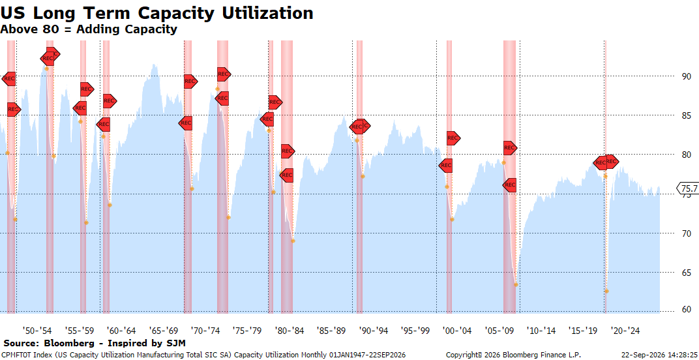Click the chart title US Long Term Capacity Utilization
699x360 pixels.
click(x=156, y=13)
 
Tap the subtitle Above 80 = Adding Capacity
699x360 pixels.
click(x=89, y=29)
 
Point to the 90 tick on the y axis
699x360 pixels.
click(x=684, y=76)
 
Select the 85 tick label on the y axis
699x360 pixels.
click(x=684, y=115)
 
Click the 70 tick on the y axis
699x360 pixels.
click(x=684, y=233)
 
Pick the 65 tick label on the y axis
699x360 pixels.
click(x=684, y=273)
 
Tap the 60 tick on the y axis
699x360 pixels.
click(x=684, y=310)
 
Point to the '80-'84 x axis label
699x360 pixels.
click(x=290, y=331)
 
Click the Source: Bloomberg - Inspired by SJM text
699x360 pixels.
click(x=94, y=343)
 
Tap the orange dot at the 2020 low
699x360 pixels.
click(x=606, y=292)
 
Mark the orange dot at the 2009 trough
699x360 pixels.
click(x=516, y=284)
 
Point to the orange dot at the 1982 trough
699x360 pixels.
click(x=293, y=241)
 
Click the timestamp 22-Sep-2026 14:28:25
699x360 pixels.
click(x=659, y=355)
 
